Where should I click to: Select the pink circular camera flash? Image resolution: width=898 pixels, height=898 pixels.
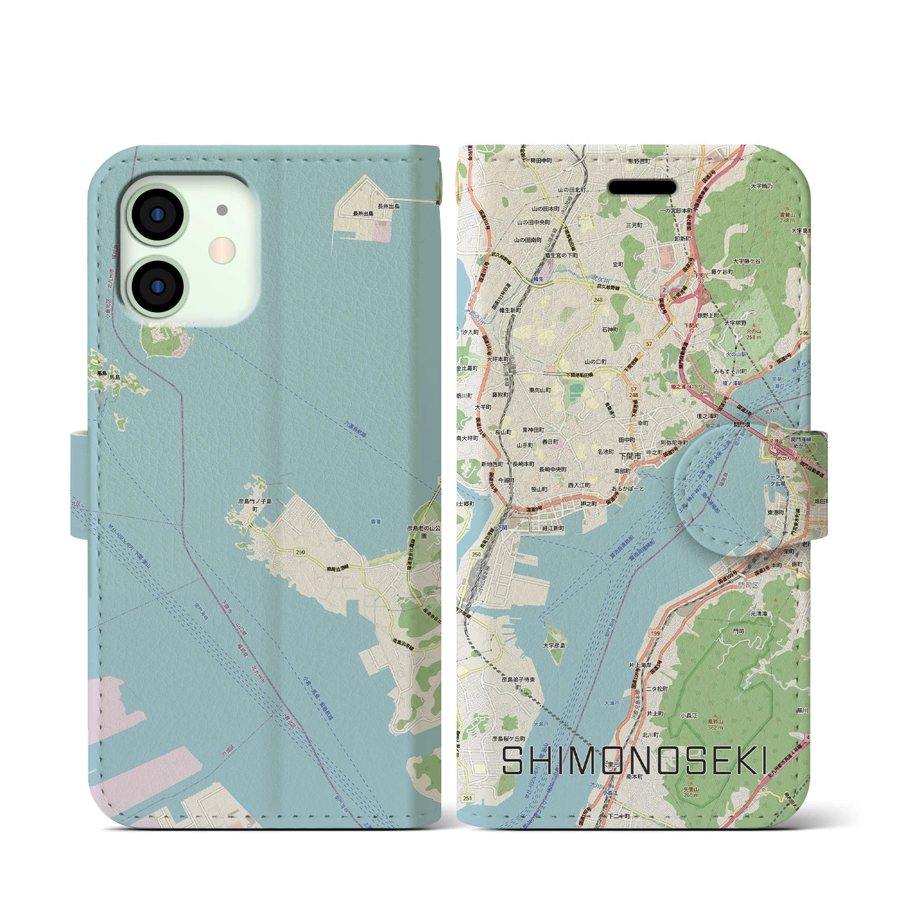coord(222,248)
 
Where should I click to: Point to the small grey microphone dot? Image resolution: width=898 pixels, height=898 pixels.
coord(222,209)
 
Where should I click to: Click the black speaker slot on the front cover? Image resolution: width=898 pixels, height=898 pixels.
coord(642,187)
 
